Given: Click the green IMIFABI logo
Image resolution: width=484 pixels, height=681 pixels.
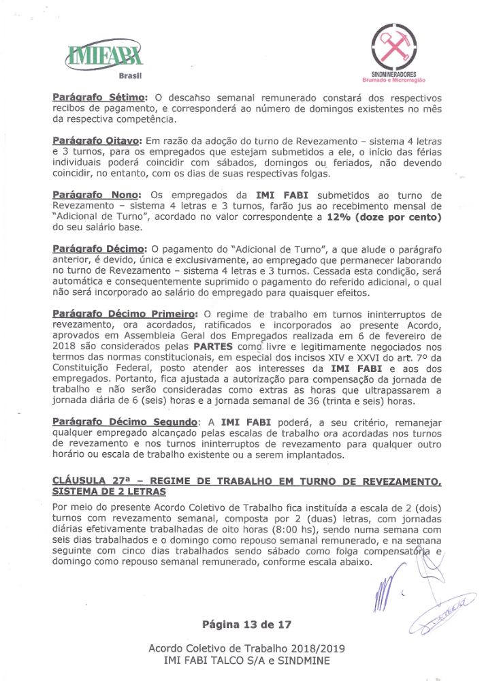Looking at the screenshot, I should pos(105,53).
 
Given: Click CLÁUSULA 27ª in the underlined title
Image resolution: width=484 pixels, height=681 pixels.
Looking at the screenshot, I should pos(90,481).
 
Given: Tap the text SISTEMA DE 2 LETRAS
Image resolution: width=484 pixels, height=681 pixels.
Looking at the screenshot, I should pos(108,492).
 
